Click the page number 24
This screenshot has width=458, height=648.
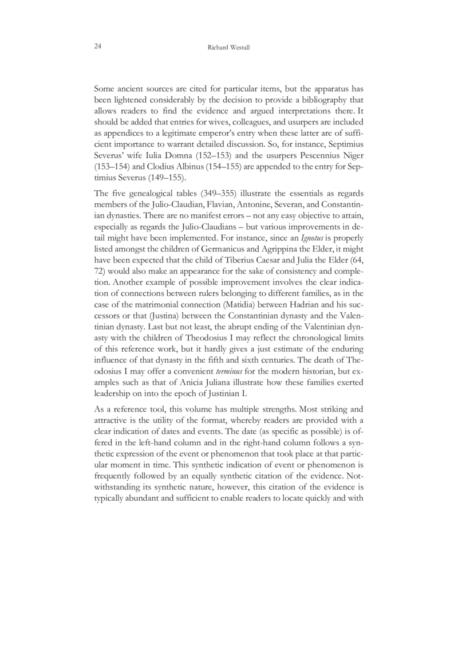pos(97,46)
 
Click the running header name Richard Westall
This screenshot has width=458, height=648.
pos(228,48)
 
